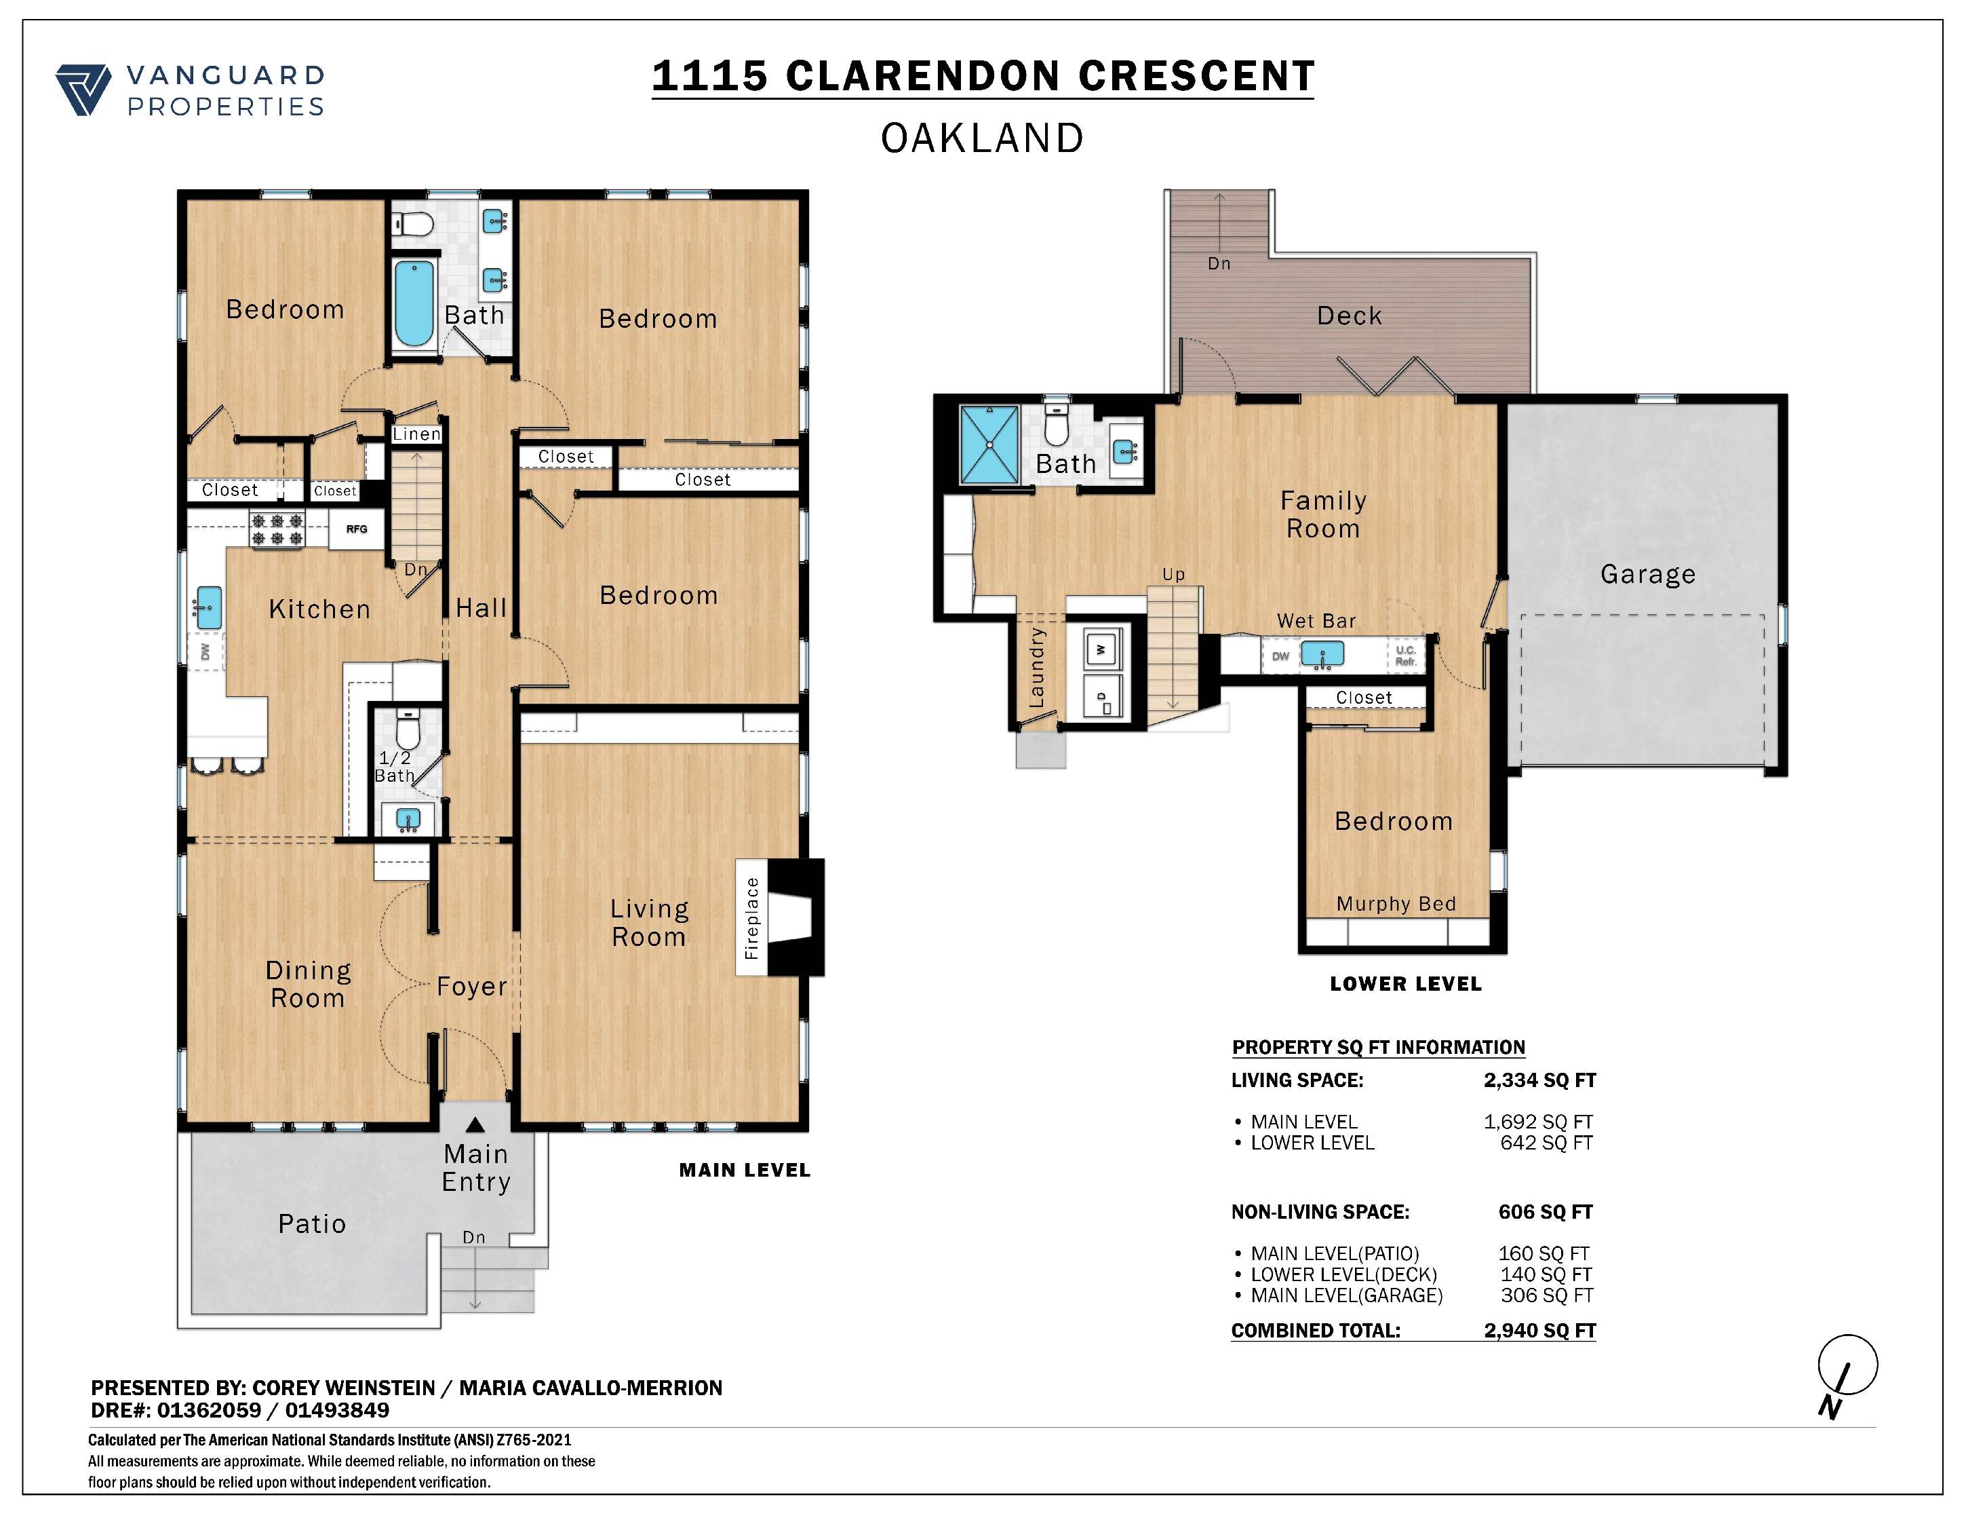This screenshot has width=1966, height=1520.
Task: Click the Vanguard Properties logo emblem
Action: pos(83,90)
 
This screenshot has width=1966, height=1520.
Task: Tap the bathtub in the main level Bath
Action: pos(414,303)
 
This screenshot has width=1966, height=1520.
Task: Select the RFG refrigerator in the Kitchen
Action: pos(357,529)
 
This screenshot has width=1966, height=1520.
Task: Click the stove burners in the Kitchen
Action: pos(277,529)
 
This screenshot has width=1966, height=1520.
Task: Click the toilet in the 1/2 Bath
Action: pos(408,729)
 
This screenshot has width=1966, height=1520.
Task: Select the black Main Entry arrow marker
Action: pos(475,1124)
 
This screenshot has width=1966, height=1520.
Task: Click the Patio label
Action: pos(313,1223)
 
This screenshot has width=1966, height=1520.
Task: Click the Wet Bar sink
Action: pos(1322,653)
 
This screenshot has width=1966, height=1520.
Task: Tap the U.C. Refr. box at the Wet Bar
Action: pos(1406,655)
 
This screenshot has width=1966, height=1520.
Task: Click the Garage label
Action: pos(1647,575)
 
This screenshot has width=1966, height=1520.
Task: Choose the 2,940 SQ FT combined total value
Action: pos(1539,1331)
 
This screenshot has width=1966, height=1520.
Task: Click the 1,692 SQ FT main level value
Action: pos(1538,1122)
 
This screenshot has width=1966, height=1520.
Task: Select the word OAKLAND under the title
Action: pos(982,138)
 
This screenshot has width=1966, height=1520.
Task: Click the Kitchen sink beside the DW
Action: pos(208,608)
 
